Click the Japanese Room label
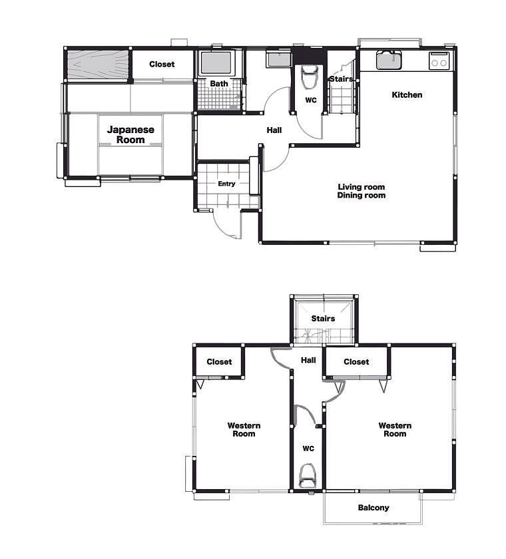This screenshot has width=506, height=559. point(130,134)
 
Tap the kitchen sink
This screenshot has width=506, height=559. point(389,59)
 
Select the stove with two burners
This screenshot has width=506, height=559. point(439,61)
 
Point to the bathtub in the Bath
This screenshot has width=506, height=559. point(216,63)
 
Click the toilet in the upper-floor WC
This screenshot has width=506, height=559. point(307,476)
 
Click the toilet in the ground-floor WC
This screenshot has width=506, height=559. point(310,77)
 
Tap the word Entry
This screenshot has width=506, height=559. point(226,184)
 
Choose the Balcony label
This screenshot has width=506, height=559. point(374,508)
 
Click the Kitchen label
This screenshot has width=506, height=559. point(407,94)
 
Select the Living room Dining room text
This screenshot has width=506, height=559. point(362,191)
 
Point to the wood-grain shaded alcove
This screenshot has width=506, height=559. point(99,64)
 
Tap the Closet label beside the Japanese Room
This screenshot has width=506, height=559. point(162,64)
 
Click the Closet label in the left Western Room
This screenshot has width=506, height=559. point(219,362)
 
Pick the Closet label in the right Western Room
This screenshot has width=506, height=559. point(356,362)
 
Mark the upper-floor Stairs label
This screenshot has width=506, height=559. point(323,318)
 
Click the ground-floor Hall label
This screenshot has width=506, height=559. point(274,130)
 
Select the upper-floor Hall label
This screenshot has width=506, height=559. point(308,361)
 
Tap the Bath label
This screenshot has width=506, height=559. point(219,84)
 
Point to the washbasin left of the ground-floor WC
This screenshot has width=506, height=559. point(279,59)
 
